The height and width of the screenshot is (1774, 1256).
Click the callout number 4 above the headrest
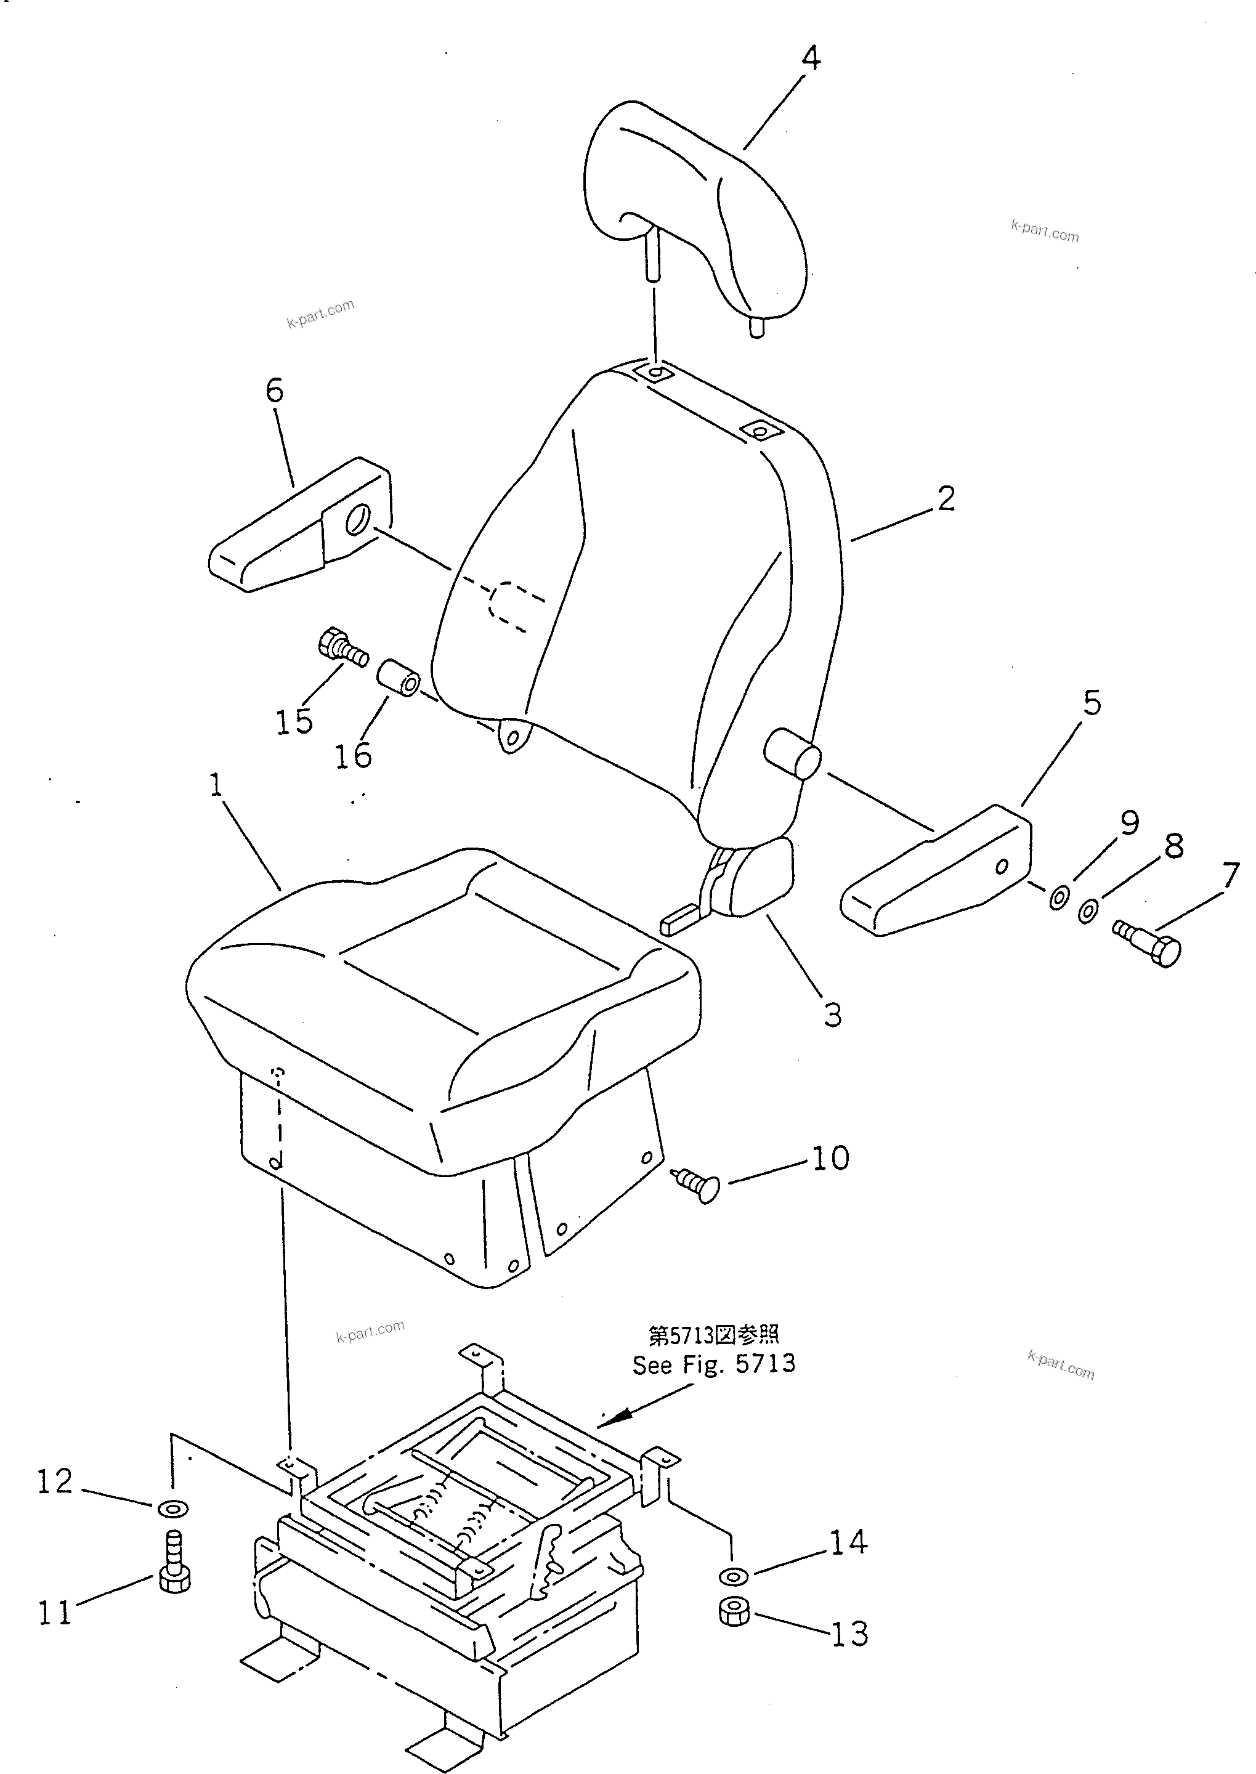click(810, 59)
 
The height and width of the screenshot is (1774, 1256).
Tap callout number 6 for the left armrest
click(275, 391)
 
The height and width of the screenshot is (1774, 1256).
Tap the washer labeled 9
click(1059, 898)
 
